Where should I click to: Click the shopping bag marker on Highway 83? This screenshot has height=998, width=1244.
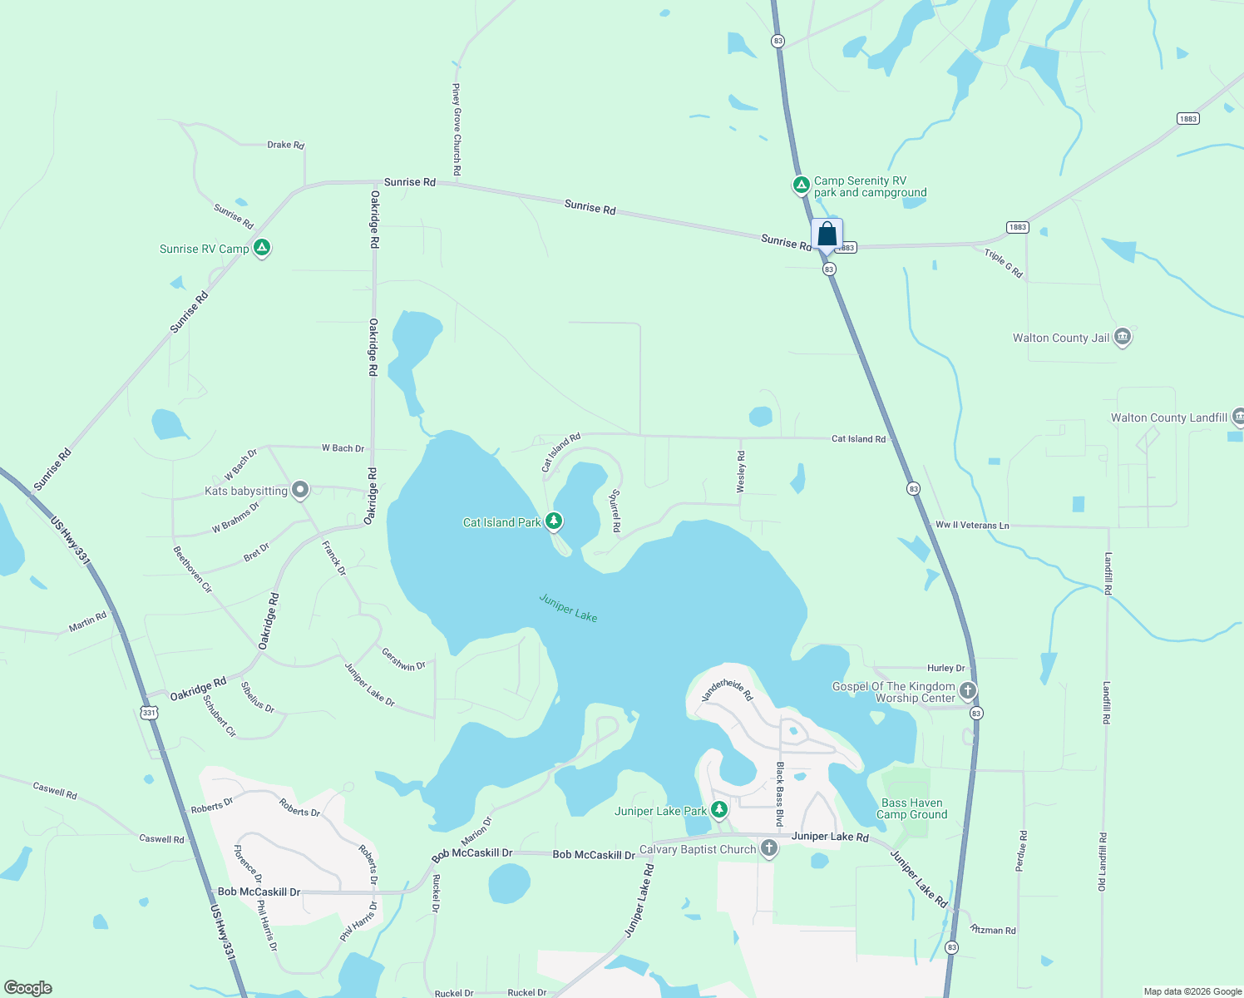coord(827,235)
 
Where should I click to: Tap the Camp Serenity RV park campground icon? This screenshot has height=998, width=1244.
coord(801,185)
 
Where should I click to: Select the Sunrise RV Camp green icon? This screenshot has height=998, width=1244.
coord(262,248)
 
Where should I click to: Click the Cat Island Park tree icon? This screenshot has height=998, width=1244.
coord(553,521)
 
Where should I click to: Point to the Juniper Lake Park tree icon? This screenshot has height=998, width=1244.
coord(719,809)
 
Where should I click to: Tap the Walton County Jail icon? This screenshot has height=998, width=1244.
coord(1123,337)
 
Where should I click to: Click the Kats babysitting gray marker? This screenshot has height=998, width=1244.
coord(300,490)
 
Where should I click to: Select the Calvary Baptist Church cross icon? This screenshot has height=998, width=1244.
coord(769,848)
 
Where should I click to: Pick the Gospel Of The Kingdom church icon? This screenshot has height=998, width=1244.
coord(967,690)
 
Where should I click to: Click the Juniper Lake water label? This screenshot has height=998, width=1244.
coord(568,607)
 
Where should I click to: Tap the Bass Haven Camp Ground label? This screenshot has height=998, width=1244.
coord(911,808)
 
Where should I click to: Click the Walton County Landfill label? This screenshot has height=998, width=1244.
coord(1168,417)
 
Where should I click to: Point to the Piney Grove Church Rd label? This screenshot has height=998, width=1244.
coord(457,129)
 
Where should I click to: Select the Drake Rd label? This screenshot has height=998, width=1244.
coord(285,145)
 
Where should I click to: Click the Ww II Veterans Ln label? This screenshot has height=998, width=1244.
coord(972,525)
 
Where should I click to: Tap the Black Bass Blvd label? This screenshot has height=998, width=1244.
coord(780,793)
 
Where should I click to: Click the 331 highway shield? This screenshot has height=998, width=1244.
coord(149,713)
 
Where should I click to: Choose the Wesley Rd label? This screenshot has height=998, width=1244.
coord(742,472)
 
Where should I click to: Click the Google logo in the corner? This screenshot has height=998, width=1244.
coord(28,988)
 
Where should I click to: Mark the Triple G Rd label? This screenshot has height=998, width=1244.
coord(1004,263)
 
